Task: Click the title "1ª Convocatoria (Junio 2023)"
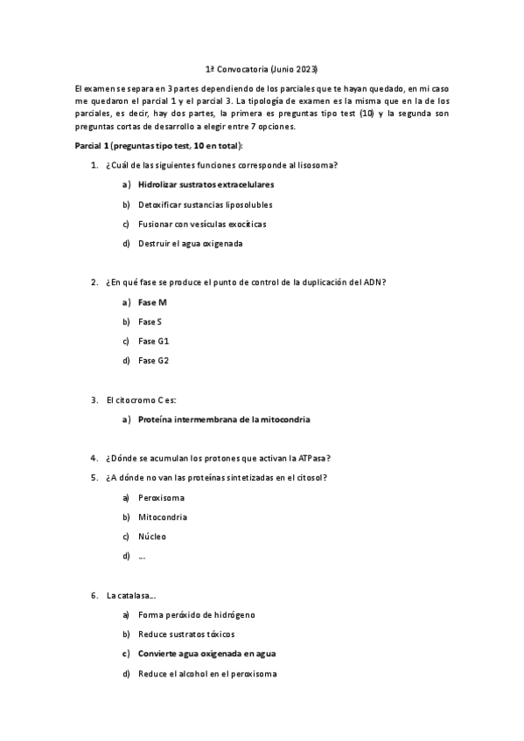[x=261, y=68]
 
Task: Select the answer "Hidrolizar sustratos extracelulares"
[x=206, y=184]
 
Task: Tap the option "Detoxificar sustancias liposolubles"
[x=205, y=204]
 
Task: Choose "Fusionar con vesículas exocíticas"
[x=202, y=224]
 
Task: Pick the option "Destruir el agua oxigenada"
[x=190, y=243]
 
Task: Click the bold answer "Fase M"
[x=152, y=301]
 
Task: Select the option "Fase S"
[x=150, y=322]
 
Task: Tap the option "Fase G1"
[x=152, y=341]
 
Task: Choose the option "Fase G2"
[x=152, y=360]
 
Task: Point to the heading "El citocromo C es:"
[x=141, y=399]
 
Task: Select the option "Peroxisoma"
[x=161, y=497]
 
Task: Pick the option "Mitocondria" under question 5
[x=162, y=516]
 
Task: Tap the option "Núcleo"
[x=151, y=536]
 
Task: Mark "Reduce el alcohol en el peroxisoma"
[x=206, y=673]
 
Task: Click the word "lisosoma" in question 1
[x=321, y=165]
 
